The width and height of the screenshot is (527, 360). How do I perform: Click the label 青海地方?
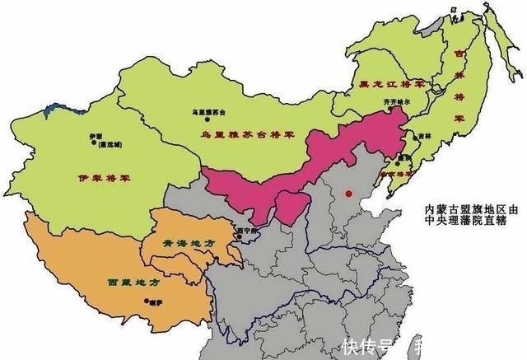[x=178, y=244]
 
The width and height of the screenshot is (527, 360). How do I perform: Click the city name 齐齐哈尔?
[x=396, y=101]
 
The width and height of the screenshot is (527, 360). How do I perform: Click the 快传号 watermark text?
[x=366, y=345]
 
